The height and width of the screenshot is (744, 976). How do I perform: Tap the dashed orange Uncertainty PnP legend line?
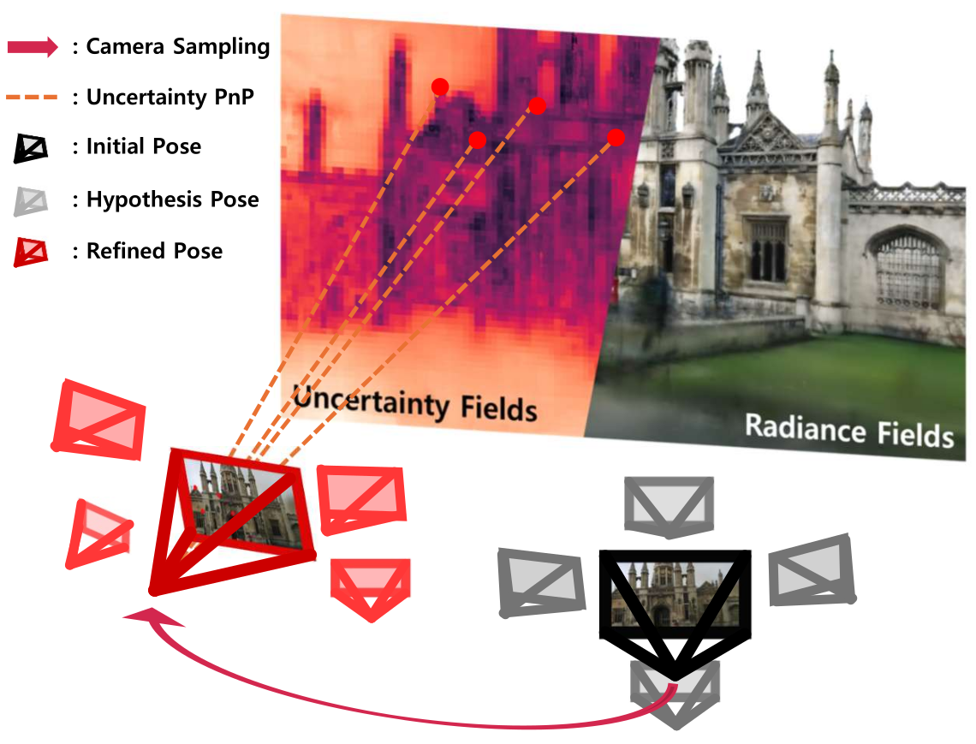click(x=33, y=98)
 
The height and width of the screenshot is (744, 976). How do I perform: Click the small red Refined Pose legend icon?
click(x=32, y=252)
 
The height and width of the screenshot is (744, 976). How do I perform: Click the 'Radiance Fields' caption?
click(x=848, y=430)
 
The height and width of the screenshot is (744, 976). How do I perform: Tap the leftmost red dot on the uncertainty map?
click(x=440, y=86)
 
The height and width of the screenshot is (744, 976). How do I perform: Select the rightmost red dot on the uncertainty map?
click(x=616, y=137)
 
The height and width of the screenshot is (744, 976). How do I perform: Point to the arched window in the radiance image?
click(x=908, y=270)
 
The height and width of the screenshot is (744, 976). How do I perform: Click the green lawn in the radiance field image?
click(x=771, y=377)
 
